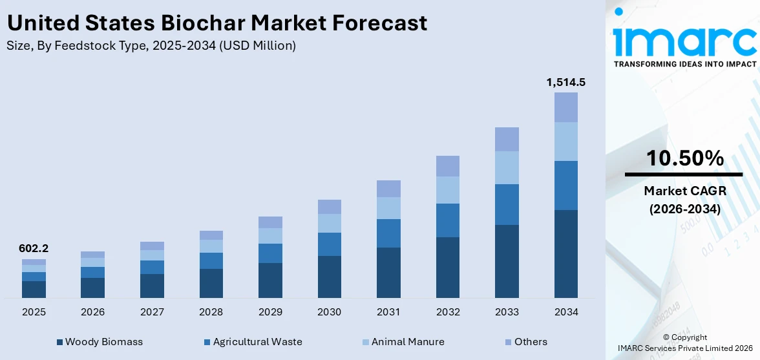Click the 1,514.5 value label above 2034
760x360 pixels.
(x=565, y=82)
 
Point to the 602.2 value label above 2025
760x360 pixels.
(x=34, y=249)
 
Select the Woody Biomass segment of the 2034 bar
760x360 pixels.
(x=565, y=253)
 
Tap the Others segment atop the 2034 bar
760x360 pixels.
(x=565, y=107)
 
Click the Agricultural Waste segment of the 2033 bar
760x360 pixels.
(x=507, y=204)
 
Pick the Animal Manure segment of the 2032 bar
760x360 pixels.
(x=447, y=190)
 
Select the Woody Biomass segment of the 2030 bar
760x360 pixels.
(x=329, y=277)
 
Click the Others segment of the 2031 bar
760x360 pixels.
(x=388, y=189)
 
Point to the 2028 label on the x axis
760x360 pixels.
(x=211, y=312)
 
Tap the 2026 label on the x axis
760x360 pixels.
(x=92, y=312)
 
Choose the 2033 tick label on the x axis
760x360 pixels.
(x=507, y=312)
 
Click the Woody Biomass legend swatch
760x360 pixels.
(x=60, y=342)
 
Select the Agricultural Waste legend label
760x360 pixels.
(x=257, y=342)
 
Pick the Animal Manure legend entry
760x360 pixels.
(x=408, y=342)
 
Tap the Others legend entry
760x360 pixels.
(x=531, y=342)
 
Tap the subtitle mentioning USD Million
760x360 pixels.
(x=151, y=45)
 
